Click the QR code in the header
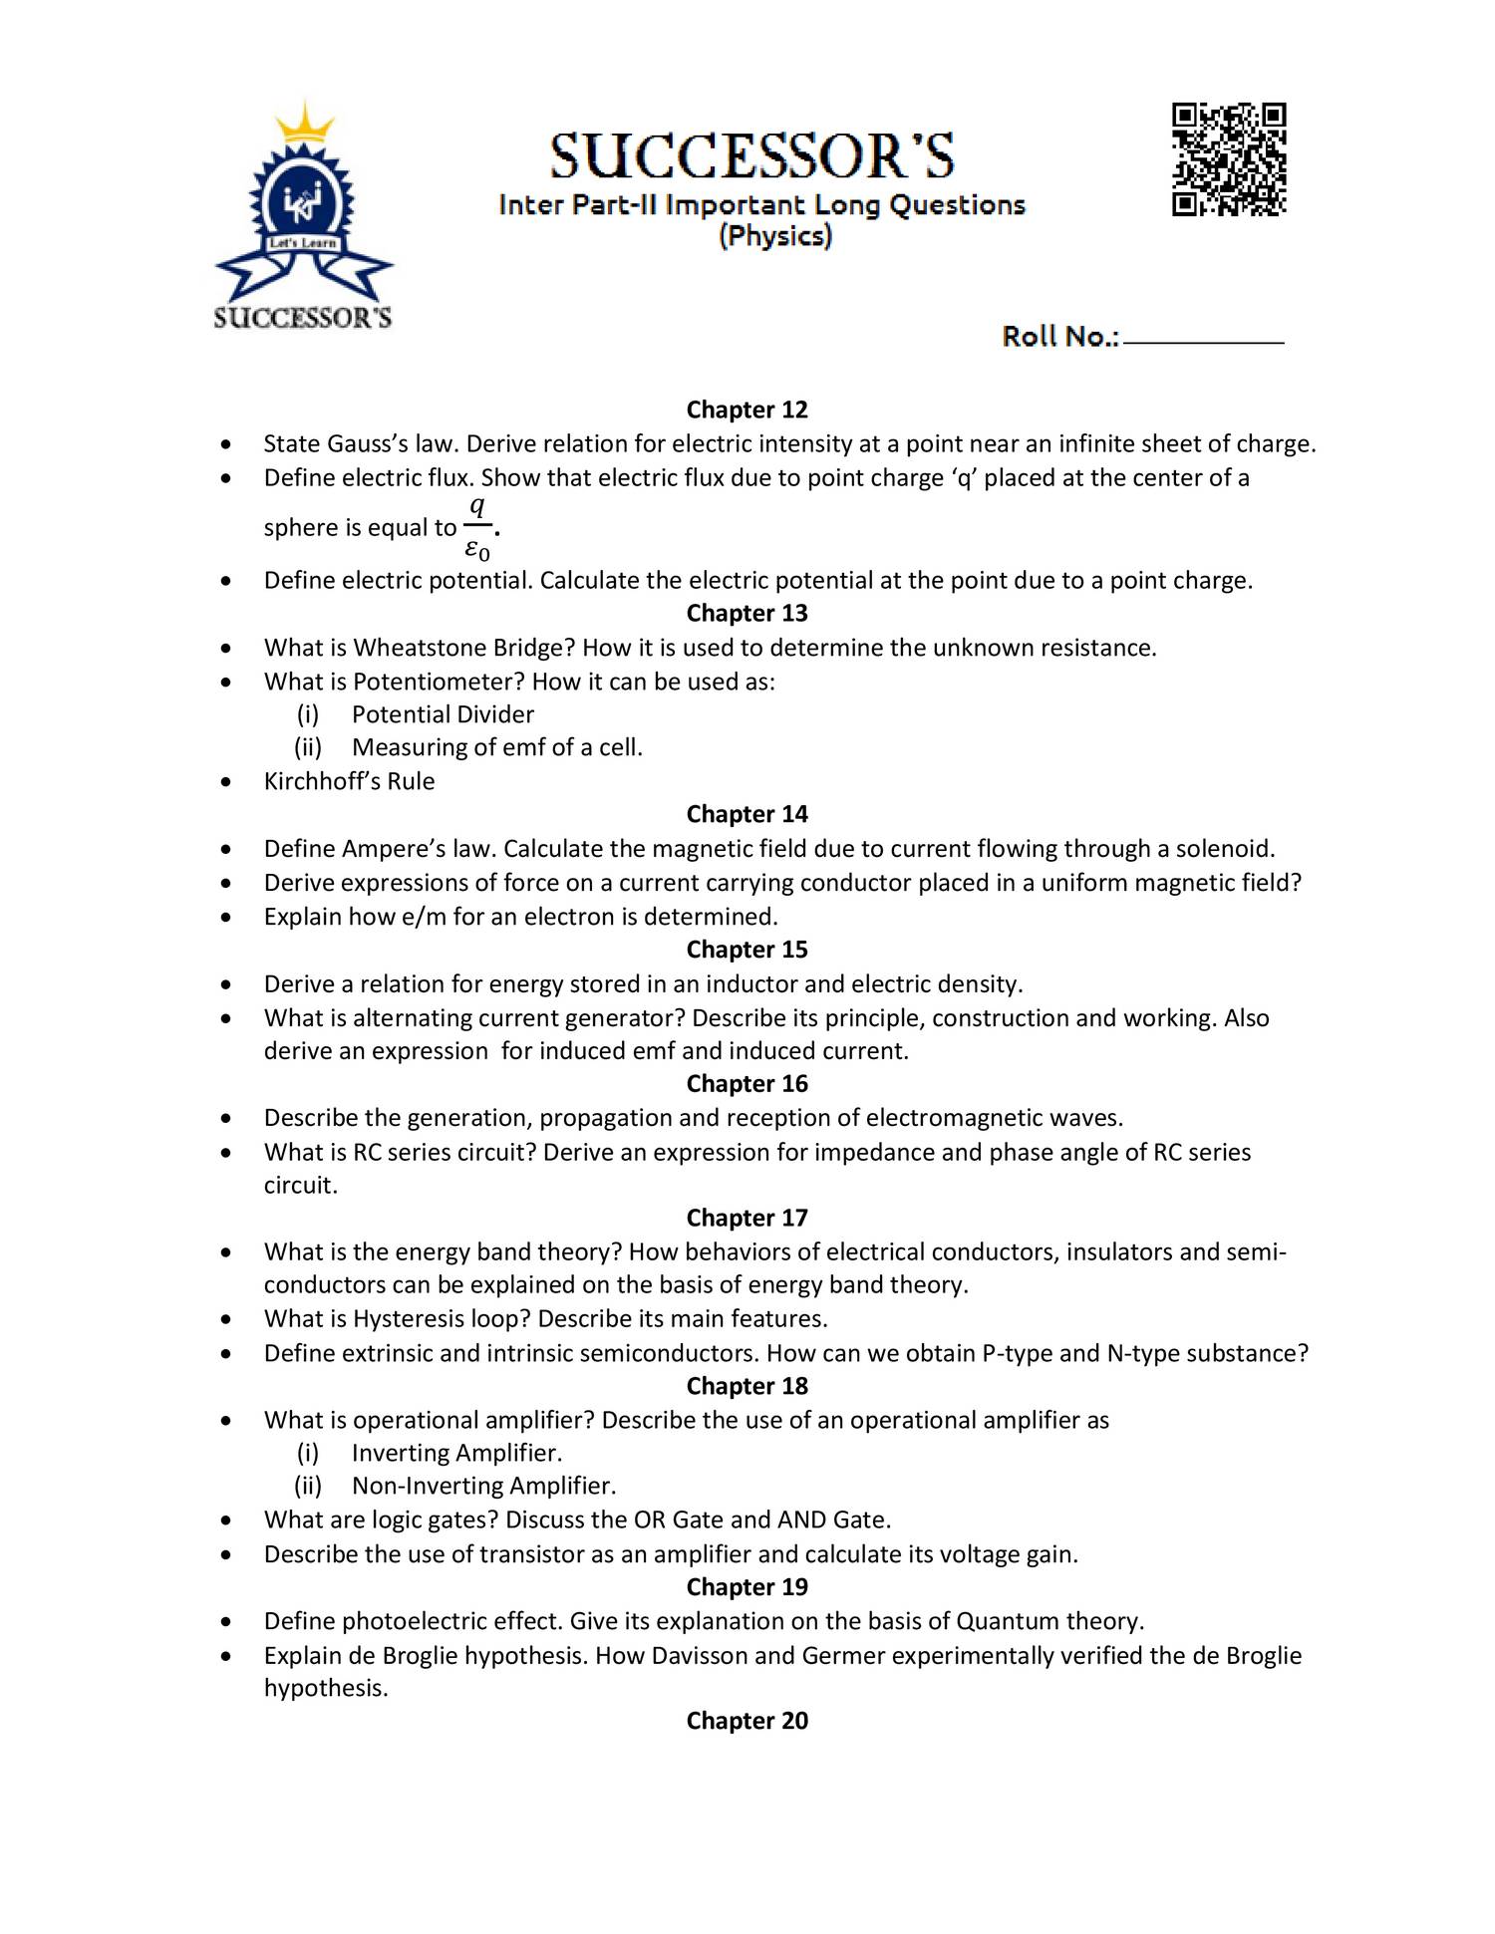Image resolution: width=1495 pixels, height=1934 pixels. click(1229, 159)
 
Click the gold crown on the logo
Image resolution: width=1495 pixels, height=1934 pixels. click(303, 126)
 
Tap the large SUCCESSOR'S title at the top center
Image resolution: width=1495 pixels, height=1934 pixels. click(752, 156)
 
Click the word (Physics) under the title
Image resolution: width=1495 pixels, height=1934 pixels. click(775, 236)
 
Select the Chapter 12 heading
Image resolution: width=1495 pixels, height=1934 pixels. click(747, 410)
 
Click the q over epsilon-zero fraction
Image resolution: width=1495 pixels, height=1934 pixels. click(478, 527)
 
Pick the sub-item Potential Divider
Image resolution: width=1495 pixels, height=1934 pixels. click(443, 714)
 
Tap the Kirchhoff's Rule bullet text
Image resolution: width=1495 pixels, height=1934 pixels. click(349, 781)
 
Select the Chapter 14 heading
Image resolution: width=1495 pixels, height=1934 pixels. click(747, 814)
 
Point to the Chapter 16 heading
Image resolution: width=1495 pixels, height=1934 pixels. click(747, 1083)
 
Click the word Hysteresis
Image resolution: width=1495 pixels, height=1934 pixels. click(415, 1319)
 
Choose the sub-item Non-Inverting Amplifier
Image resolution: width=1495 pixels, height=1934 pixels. click(483, 1486)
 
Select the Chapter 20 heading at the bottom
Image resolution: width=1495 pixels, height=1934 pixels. click(747, 1721)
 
